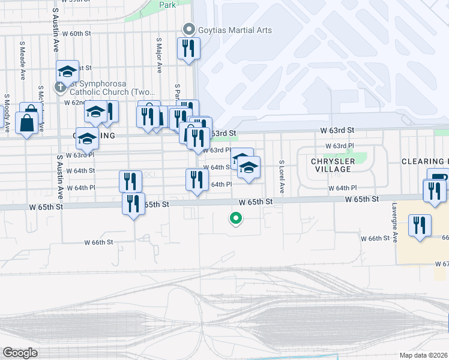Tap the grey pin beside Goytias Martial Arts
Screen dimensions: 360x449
click(x=189, y=29)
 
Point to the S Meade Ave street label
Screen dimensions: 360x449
click(x=23, y=61)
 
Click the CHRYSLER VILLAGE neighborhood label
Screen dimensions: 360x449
click(x=331, y=165)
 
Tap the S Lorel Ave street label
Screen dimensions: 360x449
click(x=281, y=176)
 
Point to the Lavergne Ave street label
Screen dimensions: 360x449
click(x=394, y=222)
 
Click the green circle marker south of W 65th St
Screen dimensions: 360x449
click(x=236, y=218)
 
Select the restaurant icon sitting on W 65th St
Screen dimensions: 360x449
click(x=133, y=203)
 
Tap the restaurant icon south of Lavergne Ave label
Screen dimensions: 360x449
click(x=420, y=226)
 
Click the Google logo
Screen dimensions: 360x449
click(x=20, y=353)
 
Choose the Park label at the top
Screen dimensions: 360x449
click(x=167, y=5)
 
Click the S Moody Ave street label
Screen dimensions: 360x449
click(x=7, y=113)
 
